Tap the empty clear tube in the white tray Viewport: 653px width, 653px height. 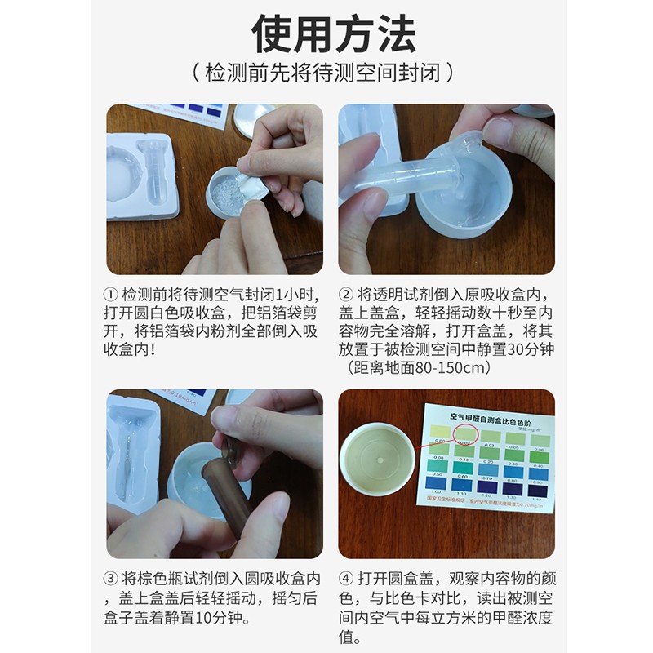(154, 170)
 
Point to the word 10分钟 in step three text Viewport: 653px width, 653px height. (245, 616)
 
